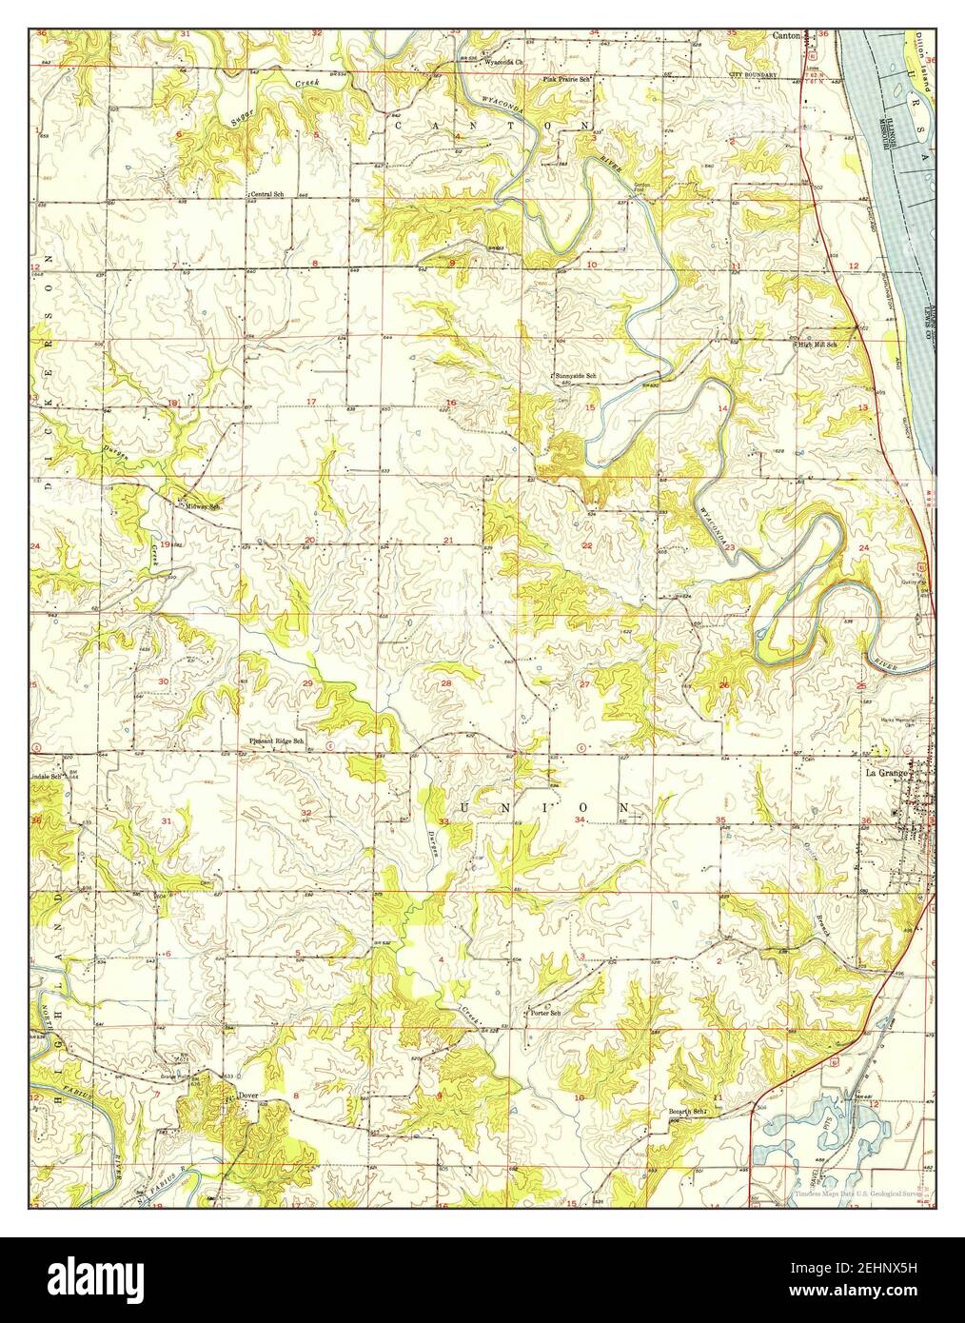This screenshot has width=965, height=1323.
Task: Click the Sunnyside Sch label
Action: coord(576,377)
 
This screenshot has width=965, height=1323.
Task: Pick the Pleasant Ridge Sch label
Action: coord(276,740)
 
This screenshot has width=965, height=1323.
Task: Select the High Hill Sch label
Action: coord(817,345)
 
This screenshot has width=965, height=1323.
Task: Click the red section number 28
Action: coord(445,683)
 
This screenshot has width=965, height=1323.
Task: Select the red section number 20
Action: coord(309,541)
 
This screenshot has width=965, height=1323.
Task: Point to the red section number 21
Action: coord(447,541)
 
